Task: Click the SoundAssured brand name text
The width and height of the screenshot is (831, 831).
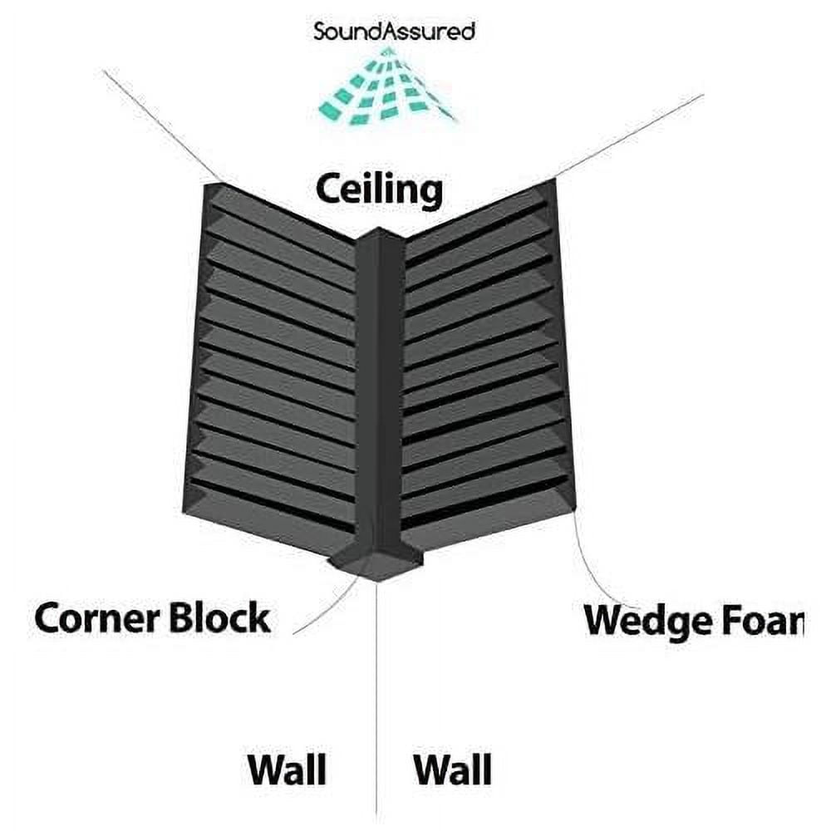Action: coord(394,32)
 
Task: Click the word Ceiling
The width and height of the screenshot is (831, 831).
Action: coord(378,190)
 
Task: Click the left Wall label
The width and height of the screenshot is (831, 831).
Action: coord(286,770)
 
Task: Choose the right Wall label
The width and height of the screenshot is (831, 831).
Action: coord(453,770)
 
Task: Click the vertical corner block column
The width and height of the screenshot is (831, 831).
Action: coord(380,391)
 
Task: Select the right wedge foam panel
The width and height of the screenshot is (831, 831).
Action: coord(486,366)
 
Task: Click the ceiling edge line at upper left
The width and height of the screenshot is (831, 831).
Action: coord(158,125)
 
